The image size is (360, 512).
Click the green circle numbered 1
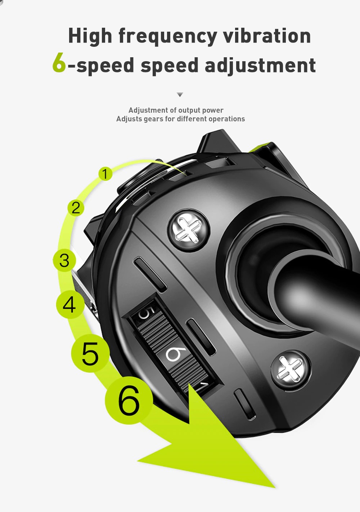[105, 174]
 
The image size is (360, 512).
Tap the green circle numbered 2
[76, 208]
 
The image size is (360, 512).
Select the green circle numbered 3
[64, 260]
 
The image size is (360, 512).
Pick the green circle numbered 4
[69, 305]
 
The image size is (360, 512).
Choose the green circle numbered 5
[90, 353]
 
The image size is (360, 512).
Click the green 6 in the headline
[59, 62]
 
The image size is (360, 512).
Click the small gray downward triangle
[180, 94]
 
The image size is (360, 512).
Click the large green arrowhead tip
[275, 488]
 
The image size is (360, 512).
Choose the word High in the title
[90, 36]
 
